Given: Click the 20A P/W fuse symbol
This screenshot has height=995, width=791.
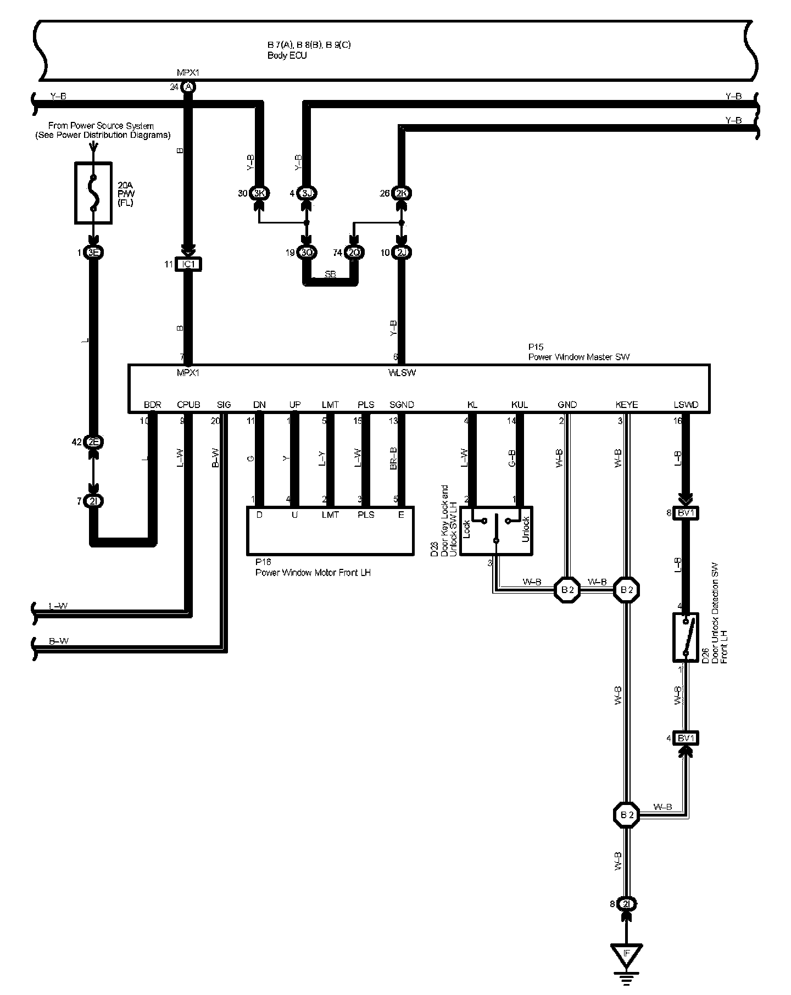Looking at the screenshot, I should pyautogui.click(x=93, y=193).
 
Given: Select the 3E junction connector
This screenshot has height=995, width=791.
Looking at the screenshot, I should pyautogui.click(x=94, y=253).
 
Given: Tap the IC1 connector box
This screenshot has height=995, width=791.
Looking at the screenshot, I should pyautogui.click(x=188, y=264).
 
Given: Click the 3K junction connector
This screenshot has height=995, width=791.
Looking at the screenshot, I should pyautogui.click(x=259, y=193).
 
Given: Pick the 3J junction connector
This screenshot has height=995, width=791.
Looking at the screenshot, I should pyautogui.click(x=307, y=193).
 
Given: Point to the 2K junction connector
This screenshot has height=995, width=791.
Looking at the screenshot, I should pyautogui.click(x=402, y=193).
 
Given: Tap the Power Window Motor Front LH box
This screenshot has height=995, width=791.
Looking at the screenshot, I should pyautogui.click(x=330, y=531).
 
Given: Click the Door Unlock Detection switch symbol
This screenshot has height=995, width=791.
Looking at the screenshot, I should pyautogui.click(x=686, y=637).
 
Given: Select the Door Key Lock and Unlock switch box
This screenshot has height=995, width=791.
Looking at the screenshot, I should pyautogui.click(x=496, y=530).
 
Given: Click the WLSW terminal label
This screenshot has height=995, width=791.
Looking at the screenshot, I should pyautogui.click(x=402, y=373).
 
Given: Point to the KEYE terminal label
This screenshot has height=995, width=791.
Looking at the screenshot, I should pyautogui.click(x=627, y=405).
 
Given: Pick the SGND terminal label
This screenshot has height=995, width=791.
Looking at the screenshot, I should pyautogui.click(x=402, y=405).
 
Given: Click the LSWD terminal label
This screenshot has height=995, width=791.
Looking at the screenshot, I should pyautogui.click(x=686, y=405).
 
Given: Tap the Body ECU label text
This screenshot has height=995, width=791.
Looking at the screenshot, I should pyautogui.click(x=287, y=55).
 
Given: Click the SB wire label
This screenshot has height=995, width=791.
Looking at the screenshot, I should pyautogui.click(x=330, y=275).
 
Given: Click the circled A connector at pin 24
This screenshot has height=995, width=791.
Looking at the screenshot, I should pyautogui.click(x=188, y=87).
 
